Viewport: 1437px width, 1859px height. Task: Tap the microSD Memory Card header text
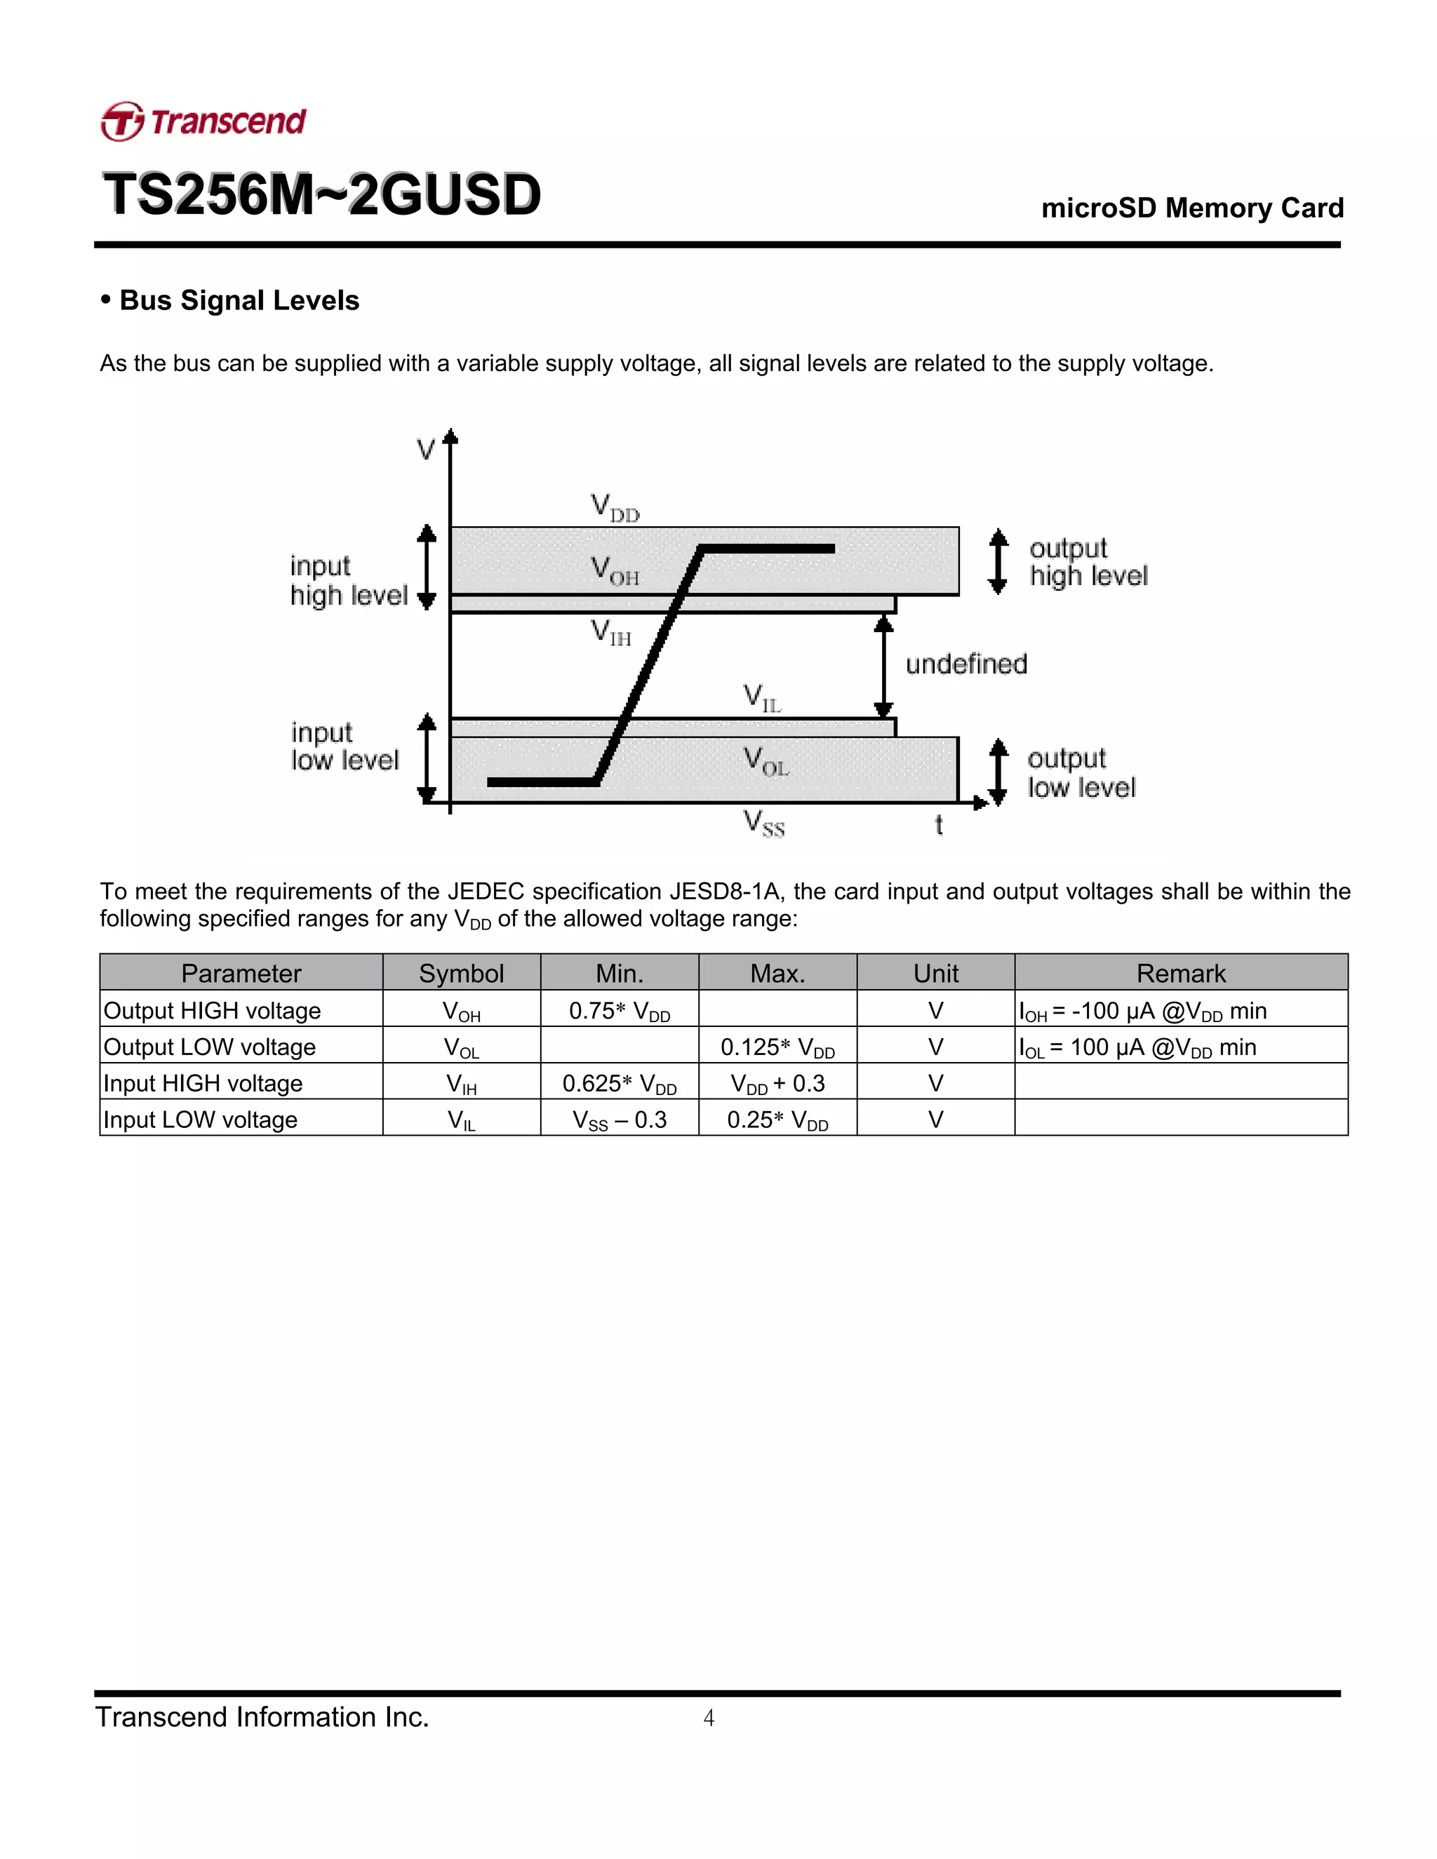(x=1192, y=208)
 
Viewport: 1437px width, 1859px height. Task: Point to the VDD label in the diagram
(x=615, y=508)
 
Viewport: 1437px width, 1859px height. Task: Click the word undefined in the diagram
(x=966, y=664)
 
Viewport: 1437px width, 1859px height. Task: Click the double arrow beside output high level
(x=998, y=561)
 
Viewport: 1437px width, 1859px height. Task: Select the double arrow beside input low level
(x=427, y=759)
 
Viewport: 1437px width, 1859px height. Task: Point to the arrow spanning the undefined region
(x=883, y=666)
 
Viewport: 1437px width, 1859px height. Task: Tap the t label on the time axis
(x=938, y=825)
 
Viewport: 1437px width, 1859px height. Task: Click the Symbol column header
(x=462, y=973)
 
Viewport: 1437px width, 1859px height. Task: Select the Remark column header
(x=1181, y=973)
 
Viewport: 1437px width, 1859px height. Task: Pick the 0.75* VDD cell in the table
(x=620, y=1011)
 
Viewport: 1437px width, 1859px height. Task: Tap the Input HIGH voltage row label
(x=203, y=1084)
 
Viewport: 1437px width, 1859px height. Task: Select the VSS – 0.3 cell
(x=620, y=1120)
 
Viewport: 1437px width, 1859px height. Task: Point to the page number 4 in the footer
(x=708, y=1718)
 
